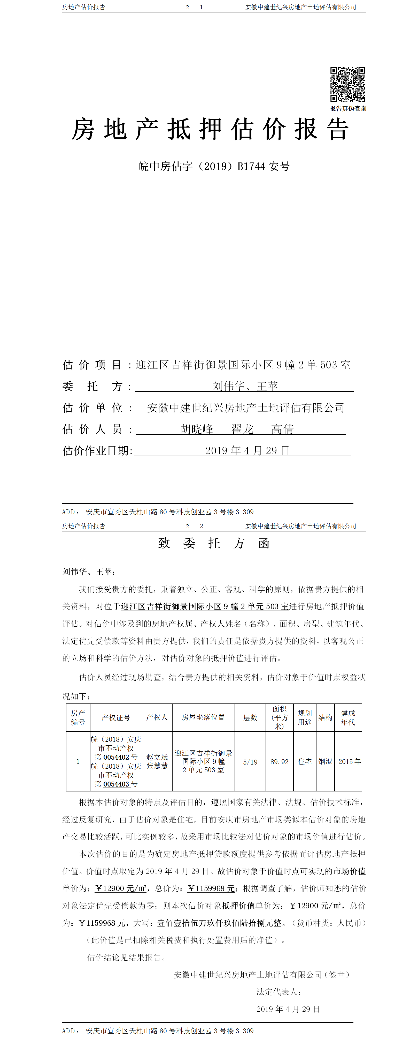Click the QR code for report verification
point(348,84)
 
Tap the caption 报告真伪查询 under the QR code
point(348,108)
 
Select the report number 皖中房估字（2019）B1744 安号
point(214,166)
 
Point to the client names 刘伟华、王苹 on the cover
point(245,386)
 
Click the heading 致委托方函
point(214,543)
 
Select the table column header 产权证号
point(116,718)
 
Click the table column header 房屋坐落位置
point(203,718)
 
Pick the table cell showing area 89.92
point(279,762)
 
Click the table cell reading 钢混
point(325,762)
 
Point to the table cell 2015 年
point(349,762)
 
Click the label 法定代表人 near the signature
point(279,992)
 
